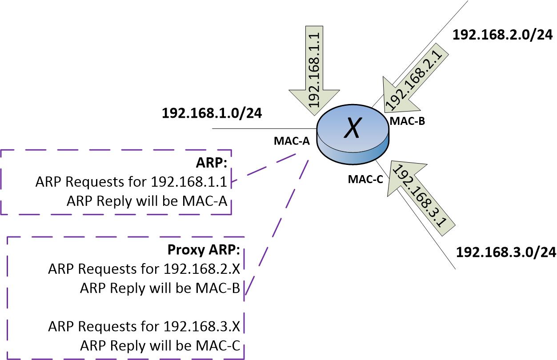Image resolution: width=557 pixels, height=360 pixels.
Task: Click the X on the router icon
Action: coord(353,128)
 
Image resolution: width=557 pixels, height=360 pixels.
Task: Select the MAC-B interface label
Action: coord(408,121)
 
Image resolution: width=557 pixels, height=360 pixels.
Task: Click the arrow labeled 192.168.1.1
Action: coord(317,67)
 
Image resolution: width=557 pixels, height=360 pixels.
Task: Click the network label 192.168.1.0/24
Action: coord(212,112)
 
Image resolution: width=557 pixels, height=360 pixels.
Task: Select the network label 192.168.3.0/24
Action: coord(506,252)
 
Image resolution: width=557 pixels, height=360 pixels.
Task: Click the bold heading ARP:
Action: coord(211,163)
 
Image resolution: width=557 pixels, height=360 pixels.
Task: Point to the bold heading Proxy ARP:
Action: coord(204,250)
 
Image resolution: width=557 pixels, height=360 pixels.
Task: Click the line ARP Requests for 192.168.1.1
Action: coord(131,182)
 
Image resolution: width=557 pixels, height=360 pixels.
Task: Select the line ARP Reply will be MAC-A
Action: coord(147,201)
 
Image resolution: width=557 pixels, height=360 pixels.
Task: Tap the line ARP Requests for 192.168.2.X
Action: coord(144,269)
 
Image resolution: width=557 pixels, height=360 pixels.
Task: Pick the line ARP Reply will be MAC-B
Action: coord(160,288)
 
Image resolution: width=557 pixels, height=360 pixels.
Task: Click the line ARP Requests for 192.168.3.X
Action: coord(144,327)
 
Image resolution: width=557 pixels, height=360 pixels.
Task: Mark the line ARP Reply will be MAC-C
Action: coord(160,346)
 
